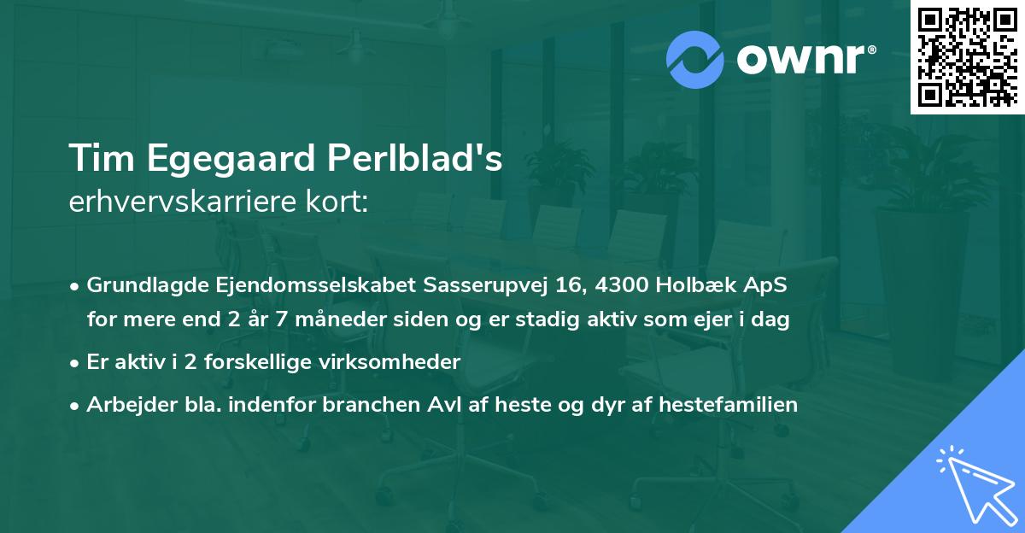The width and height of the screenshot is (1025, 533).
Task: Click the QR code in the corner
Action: click(967, 57)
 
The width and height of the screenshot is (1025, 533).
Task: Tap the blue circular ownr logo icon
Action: click(696, 60)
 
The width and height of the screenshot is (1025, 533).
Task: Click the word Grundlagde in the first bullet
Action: click(138, 285)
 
